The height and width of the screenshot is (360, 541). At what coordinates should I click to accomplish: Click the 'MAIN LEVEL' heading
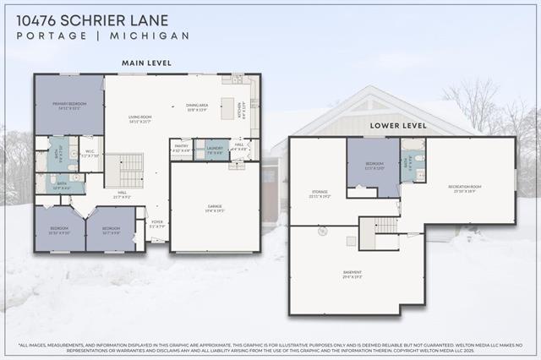146,63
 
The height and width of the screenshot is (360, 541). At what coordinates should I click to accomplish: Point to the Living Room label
139,120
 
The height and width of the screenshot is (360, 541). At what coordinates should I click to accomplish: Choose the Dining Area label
197,106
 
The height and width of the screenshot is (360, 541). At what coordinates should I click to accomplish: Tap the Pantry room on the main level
181,150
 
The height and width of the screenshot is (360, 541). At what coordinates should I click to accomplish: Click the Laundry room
215,150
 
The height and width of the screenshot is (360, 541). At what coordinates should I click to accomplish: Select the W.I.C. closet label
91,154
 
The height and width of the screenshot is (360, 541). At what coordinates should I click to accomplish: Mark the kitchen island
227,107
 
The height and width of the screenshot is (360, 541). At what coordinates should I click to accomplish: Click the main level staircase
130,170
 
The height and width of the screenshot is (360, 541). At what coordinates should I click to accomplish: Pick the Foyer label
157,225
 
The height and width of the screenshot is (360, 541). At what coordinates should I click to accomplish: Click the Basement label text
352,275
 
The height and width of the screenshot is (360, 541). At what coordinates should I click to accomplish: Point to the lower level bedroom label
374,165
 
